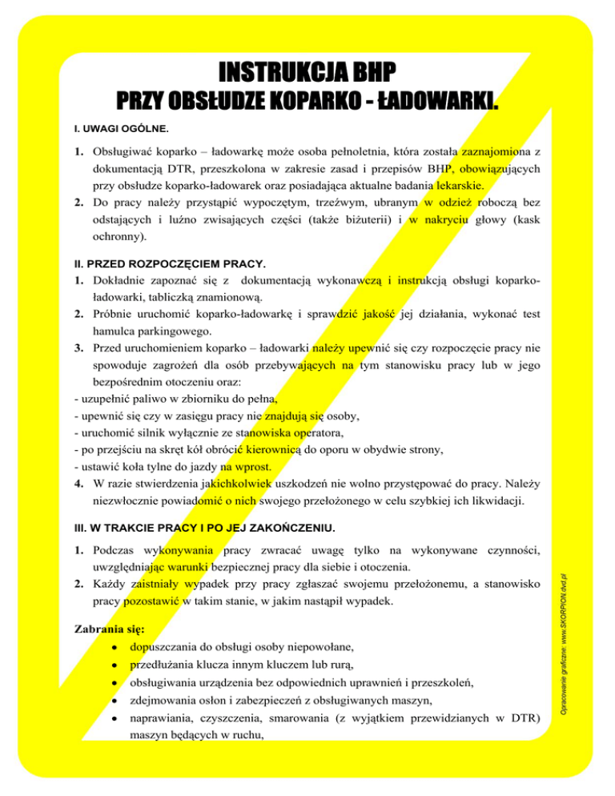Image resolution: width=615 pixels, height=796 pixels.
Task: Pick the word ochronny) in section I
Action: [x=119, y=239]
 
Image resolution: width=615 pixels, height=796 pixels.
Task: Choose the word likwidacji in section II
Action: [x=500, y=503]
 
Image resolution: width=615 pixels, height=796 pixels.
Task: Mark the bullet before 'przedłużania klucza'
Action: [x=117, y=665]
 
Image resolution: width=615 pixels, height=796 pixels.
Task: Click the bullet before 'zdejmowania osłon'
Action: [x=117, y=701]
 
